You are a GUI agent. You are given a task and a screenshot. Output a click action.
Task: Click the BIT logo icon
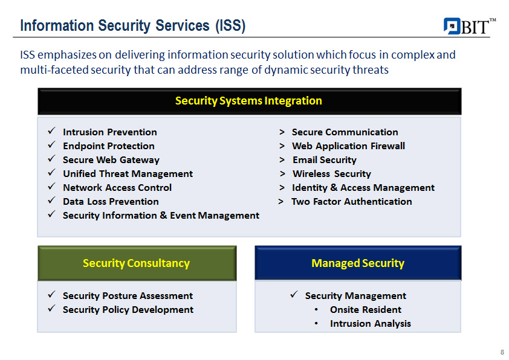pyautogui.click(x=452, y=26)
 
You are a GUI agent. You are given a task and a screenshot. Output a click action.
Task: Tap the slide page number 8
pyautogui.click(x=502, y=352)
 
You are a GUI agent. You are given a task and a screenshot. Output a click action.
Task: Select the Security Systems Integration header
pyautogui.click(x=249, y=101)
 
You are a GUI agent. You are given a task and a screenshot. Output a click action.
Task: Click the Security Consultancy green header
pyautogui.click(x=137, y=263)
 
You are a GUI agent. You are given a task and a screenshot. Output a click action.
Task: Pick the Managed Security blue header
pyautogui.click(x=358, y=263)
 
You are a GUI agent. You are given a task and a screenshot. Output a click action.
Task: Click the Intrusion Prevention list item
pyautogui.click(x=110, y=132)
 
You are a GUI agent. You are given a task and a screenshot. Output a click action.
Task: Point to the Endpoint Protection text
pyautogui.click(x=109, y=146)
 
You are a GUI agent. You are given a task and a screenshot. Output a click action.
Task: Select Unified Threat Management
pyautogui.click(x=128, y=174)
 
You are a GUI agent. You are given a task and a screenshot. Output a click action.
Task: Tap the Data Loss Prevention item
pyautogui.click(x=111, y=201)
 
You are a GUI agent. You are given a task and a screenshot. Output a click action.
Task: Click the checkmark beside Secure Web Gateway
pyautogui.click(x=51, y=159)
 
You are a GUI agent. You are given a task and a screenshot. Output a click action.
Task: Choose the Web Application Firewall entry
pyautogui.click(x=348, y=146)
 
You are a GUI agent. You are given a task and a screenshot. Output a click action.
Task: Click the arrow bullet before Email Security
pyautogui.click(x=282, y=160)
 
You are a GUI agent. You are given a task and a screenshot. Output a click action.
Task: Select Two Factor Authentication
pyautogui.click(x=352, y=201)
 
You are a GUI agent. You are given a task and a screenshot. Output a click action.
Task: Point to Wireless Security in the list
pyautogui.click(x=332, y=174)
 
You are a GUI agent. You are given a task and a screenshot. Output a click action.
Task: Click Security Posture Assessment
pyautogui.click(x=128, y=296)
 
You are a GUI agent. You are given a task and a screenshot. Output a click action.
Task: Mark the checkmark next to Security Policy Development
pyautogui.click(x=51, y=309)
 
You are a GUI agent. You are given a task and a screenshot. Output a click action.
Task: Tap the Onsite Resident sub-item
pyautogui.click(x=366, y=310)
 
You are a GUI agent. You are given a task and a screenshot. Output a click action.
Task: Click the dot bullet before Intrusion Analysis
pyautogui.click(x=316, y=324)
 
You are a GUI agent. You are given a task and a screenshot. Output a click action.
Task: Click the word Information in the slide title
pyautogui.click(x=57, y=25)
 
